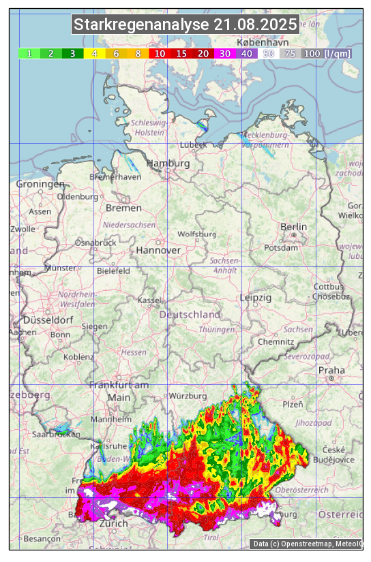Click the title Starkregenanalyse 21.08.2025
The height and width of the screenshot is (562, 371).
(x=185, y=25)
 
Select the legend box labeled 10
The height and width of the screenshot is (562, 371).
(x=160, y=53)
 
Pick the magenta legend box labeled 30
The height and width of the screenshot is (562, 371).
(x=225, y=53)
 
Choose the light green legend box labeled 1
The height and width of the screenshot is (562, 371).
(x=29, y=53)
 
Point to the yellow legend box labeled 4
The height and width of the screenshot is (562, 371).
(x=94, y=53)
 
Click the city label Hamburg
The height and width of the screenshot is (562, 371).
(x=168, y=164)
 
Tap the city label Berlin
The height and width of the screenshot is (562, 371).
(x=293, y=227)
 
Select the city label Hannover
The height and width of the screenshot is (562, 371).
(x=158, y=251)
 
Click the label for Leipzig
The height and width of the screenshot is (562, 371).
(x=256, y=298)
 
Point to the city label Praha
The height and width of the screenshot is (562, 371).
(x=331, y=371)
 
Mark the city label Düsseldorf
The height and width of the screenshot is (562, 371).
(x=48, y=320)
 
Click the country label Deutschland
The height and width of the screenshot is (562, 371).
(x=190, y=315)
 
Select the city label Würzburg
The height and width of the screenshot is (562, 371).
(x=188, y=396)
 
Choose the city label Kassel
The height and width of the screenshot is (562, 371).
(x=149, y=300)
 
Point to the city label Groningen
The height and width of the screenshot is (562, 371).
(x=40, y=185)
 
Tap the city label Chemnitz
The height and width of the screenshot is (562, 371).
(x=276, y=341)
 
